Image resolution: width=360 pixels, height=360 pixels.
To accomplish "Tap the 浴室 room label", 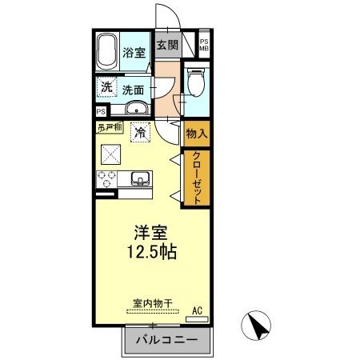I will coord(133,54).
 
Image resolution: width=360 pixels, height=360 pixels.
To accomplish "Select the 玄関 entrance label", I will coord(166,46).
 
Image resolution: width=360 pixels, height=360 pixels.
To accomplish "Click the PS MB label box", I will coord(203,46).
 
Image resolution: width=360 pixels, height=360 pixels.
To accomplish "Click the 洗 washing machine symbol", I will coord(106,87).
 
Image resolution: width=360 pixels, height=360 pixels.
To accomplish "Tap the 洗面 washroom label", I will coord(133,89).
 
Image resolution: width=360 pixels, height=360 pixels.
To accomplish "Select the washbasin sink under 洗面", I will coord(135,109).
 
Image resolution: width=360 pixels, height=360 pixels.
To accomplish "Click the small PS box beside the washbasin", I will coord(101,112).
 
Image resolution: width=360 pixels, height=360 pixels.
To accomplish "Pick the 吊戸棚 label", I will coord(109,126).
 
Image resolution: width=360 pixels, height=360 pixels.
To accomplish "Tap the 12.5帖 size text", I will coord(150,250).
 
